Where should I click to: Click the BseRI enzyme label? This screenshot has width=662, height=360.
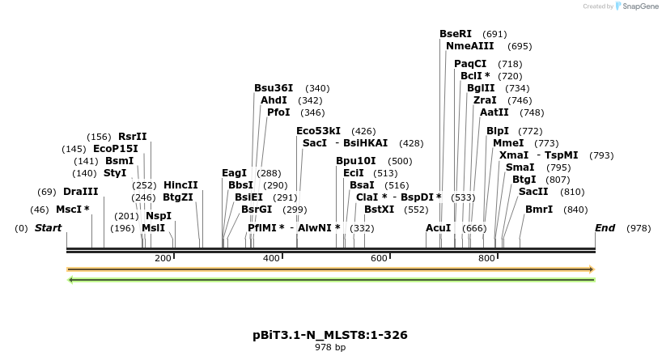pos(455,34)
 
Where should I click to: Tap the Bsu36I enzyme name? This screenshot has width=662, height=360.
pos(274,88)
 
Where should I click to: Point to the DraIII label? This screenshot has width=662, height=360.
pos(80,192)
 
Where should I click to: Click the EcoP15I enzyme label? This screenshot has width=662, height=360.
pos(116,149)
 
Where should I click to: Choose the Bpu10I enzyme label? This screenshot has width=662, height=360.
pos(356,161)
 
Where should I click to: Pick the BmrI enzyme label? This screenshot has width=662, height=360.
pos(539,210)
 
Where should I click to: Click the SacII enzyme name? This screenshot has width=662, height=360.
pos(533,192)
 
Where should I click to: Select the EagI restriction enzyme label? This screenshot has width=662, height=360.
pos(234,173)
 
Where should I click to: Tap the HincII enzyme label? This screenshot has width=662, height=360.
pos(180,185)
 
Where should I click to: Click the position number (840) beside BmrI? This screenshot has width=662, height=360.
pos(575,210)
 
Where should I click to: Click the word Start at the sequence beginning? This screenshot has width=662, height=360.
pos(48,229)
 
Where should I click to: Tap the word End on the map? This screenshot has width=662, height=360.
pos(605,229)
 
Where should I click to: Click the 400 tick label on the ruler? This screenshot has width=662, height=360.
pos(271,258)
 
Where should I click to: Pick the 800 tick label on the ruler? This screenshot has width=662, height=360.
pos(486,258)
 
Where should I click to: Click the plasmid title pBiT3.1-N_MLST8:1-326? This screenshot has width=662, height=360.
pos(329,334)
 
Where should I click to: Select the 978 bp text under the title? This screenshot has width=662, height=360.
pos(329,347)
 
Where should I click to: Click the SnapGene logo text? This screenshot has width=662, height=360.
pos(639,6)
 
